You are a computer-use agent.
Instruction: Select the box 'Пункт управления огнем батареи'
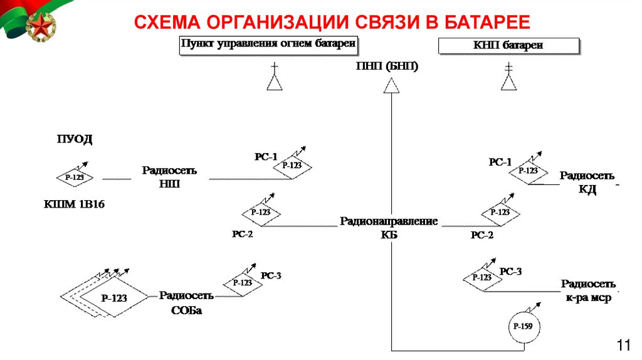(x=268, y=45)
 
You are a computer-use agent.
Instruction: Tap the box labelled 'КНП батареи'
(x=508, y=46)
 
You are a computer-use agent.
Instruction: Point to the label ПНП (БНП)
(x=387, y=66)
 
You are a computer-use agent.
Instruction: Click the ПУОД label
(x=75, y=139)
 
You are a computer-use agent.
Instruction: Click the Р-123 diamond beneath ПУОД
(x=75, y=178)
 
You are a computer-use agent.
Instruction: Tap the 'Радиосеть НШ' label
(x=169, y=177)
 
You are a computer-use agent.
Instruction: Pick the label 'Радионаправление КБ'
(x=389, y=228)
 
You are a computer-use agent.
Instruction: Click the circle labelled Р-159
(x=522, y=327)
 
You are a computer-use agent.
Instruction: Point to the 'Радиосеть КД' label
(x=587, y=183)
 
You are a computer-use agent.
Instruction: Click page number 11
(x=623, y=345)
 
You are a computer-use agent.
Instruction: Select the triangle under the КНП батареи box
(x=508, y=82)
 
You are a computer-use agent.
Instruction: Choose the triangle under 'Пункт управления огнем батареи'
(x=274, y=82)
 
